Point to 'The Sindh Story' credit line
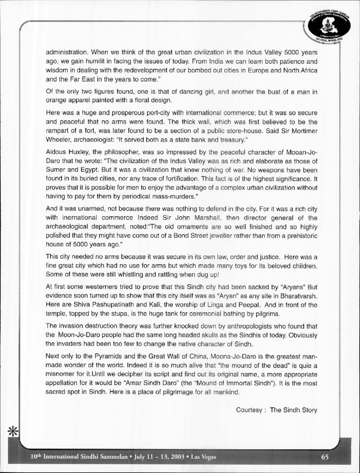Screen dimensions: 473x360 point(294,410)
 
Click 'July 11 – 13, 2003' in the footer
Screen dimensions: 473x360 point(157,457)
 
